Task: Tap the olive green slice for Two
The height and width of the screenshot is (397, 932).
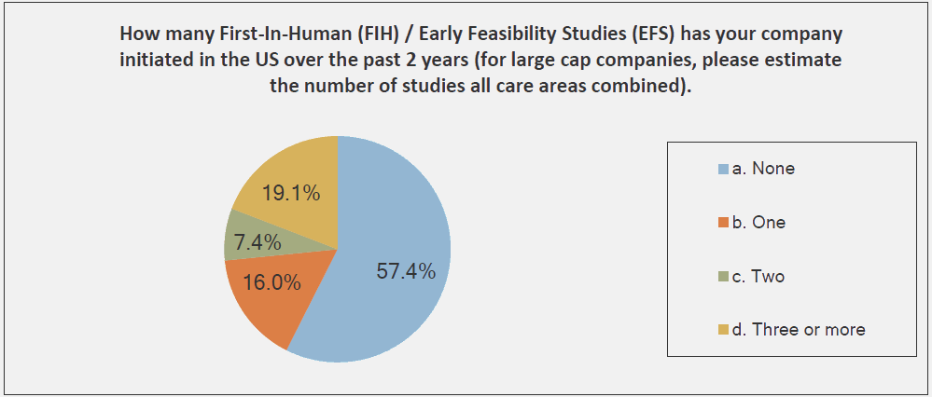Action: pos(256,240)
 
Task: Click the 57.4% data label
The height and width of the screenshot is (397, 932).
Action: pos(406,271)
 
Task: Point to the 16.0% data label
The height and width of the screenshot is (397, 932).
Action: pos(271,282)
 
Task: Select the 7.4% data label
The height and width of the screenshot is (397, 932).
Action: pos(257,242)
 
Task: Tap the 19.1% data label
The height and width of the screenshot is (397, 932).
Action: pos(292,194)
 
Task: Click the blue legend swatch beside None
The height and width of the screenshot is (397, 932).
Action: pos(723,169)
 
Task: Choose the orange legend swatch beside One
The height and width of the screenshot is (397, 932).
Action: pos(723,223)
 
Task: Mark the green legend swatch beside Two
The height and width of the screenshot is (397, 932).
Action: pos(723,277)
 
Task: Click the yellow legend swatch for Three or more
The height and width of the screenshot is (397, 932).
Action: pos(723,330)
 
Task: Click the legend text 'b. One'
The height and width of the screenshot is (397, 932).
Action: pos(758,223)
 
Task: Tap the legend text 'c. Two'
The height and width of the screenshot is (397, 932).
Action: pos(758,276)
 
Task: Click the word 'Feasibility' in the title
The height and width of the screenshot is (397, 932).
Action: pos(516,35)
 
